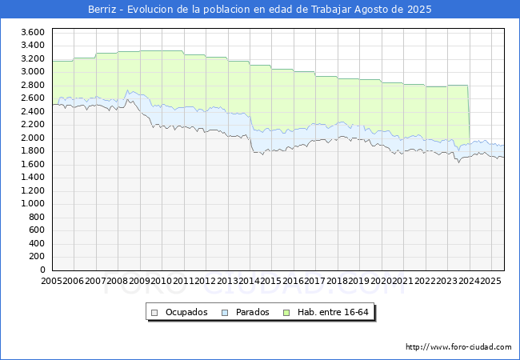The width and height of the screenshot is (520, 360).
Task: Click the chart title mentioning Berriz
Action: (260, 10)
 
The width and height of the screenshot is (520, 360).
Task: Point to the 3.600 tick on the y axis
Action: (32, 32)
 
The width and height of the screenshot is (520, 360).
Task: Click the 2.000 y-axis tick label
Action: (32, 138)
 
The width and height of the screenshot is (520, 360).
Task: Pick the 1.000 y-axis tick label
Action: (32, 204)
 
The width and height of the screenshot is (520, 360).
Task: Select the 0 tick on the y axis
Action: (41, 270)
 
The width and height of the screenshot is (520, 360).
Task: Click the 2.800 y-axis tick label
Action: (32, 85)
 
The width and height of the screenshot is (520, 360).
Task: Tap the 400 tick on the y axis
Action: (35, 244)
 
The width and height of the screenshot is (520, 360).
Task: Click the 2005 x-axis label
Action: (52, 281)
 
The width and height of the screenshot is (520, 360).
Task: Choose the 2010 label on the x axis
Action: (161, 281)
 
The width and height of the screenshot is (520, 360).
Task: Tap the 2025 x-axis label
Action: (490, 281)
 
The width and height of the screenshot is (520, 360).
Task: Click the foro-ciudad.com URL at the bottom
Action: (458, 347)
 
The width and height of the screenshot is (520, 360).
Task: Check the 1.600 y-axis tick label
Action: (32, 164)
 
